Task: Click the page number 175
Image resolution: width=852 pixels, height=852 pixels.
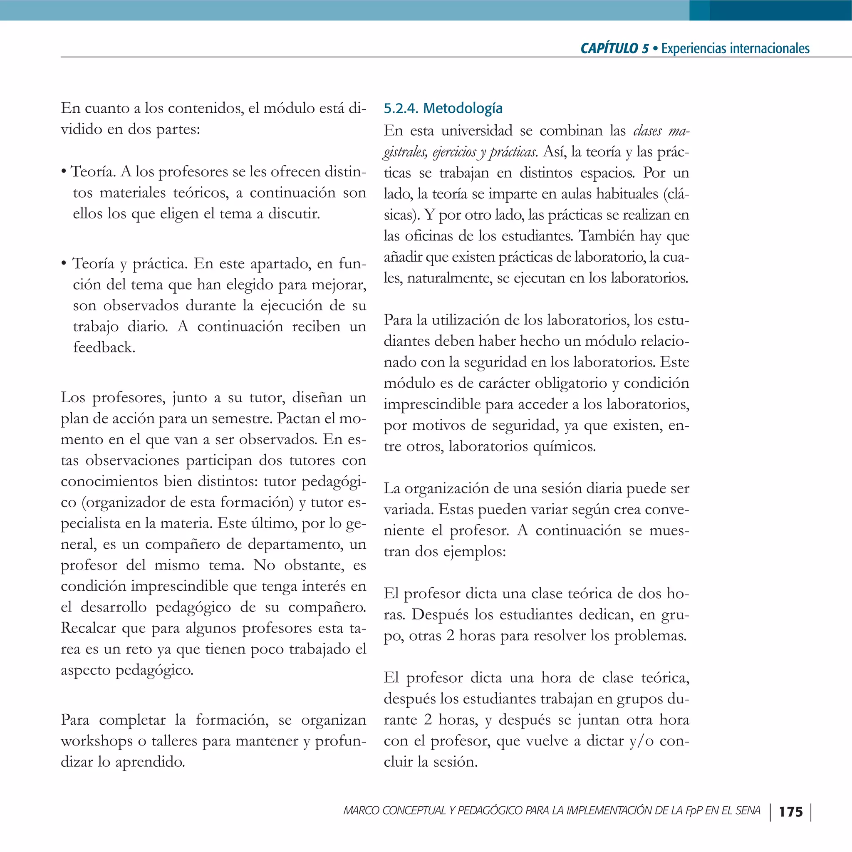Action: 791,812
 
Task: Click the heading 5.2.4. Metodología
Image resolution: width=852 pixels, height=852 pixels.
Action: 443,109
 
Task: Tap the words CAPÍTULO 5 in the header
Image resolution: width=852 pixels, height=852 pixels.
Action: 614,48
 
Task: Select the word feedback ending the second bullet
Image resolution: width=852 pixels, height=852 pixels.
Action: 104,347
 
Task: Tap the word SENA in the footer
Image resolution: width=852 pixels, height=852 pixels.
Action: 748,810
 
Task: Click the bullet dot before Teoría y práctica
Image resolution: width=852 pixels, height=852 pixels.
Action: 64,264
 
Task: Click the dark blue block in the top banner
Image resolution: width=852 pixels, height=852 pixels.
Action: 780,10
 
